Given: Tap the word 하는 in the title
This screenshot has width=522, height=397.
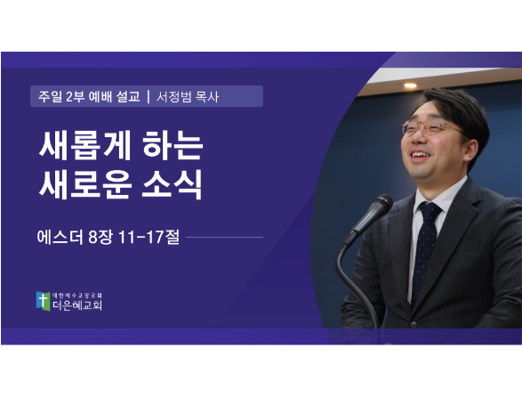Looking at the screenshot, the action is (173, 146).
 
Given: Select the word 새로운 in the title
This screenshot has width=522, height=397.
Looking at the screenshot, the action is (85, 184).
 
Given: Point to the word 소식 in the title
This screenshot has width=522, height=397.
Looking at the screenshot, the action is (173, 184).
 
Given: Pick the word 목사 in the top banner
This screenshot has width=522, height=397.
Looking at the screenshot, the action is (207, 97).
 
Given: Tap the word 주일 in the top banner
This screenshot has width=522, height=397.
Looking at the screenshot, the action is (50, 97).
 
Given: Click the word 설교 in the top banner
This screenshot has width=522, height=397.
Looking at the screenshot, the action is (128, 97).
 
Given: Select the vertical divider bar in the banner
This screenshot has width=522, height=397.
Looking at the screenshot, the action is (149, 97).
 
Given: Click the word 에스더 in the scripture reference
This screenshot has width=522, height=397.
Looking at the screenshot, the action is (60, 238).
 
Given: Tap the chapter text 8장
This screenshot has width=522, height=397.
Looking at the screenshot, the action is (100, 238).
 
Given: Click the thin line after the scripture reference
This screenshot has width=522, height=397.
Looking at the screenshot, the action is (224, 238).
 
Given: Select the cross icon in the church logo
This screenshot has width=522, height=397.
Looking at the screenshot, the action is (43, 301).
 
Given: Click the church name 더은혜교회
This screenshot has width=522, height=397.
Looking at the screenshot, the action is (77, 305).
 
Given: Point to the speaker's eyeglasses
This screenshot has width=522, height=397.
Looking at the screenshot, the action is (431, 128).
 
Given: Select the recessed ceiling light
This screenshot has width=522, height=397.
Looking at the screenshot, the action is (410, 85).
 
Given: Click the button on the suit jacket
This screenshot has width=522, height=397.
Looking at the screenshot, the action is (414, 324).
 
